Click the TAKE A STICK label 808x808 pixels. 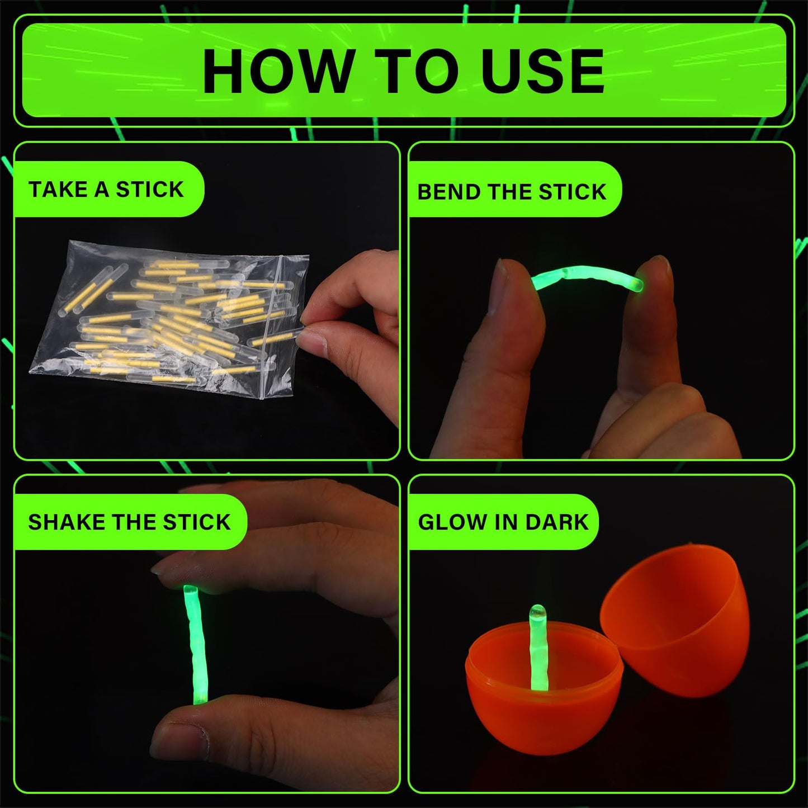coord(106,190)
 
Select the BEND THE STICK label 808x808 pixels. coord(511,192)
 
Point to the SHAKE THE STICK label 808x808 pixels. coord(129,522)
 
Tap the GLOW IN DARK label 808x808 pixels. coord(503,522)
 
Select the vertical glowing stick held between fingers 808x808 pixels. coord(195,643)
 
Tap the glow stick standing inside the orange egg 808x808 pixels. coord(538,649)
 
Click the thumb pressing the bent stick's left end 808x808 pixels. coord(512,336)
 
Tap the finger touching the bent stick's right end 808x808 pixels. coord(649,324)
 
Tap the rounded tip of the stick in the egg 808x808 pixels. coord(537,611)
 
